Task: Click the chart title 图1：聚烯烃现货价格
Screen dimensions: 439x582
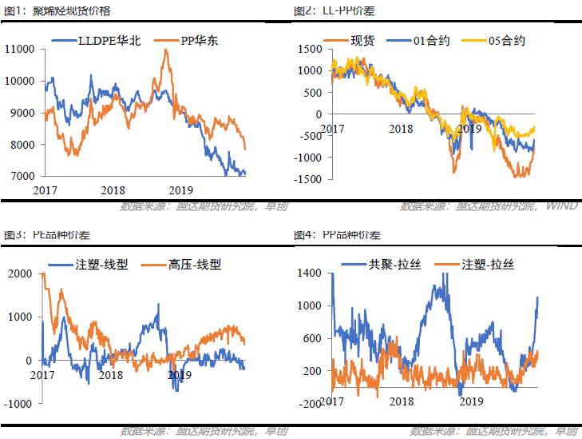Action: pyautogui.click(x=57, y=11)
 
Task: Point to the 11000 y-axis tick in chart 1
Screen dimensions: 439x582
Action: pyautogui.click(x=19, y=50)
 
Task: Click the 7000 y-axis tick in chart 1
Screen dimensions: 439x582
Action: pyautogui.click(x=22, y=176)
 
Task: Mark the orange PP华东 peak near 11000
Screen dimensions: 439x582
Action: pyautogui.click(x=166, y=50)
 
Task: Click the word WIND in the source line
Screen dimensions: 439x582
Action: pyautogui.click(x=562, y=206)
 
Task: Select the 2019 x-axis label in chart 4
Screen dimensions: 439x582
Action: pyautogui.click(x=471, y=401)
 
